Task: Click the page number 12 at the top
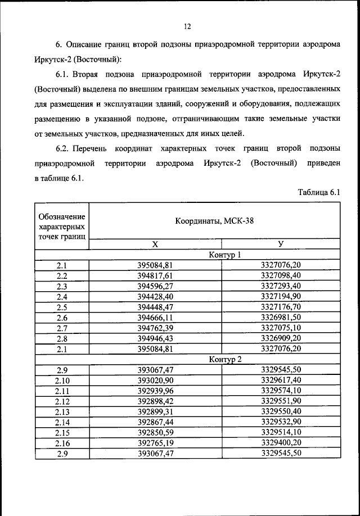click(187, 26)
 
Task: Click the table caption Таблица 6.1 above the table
click(319, 192)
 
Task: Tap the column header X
click(155, 244)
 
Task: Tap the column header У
click(281, 244)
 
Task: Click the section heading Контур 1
click(224, 254)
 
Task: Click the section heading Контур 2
click(224, 359)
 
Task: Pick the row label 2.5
click(62, 306)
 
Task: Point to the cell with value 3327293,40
click(281, 286)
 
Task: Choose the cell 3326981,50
click(281, 317)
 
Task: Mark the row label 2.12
click(62, 401)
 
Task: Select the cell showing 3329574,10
click(281, 391)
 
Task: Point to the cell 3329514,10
click(281, 432)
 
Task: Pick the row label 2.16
click(62, 442)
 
